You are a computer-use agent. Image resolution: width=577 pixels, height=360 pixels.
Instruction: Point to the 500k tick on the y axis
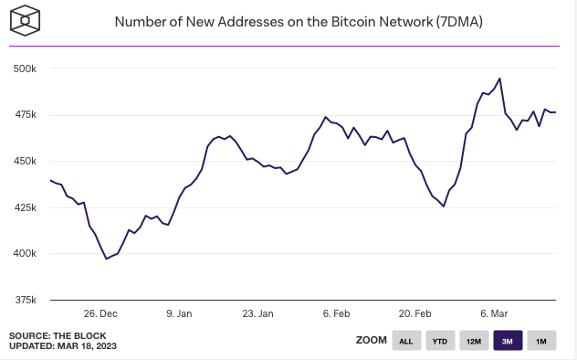[x=24, y=69]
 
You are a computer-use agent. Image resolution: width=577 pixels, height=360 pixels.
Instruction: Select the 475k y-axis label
[x=24, y=115]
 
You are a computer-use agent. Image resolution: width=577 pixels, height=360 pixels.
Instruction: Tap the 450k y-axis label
[x=24, y=162]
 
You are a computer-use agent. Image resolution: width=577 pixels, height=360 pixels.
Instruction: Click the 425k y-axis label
[x=24, y=207]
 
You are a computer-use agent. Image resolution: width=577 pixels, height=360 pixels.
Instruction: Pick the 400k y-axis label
[x=24, y=254]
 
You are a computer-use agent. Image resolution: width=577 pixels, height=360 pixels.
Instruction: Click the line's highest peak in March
[x=499, y=79]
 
